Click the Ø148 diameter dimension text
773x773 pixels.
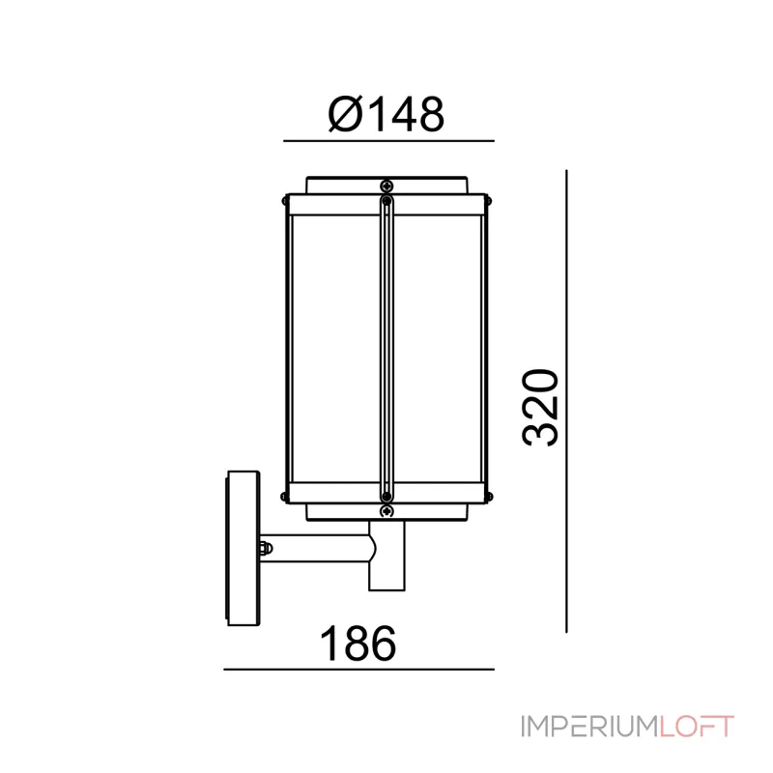[386, 114]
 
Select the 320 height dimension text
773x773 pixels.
[540, 408]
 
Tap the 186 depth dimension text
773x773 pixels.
[358, 644]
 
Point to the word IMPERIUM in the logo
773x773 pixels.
[590, 727]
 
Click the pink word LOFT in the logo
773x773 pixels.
[697, 727]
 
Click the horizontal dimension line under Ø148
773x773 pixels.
[388, 141]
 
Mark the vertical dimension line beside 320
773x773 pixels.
[566, 401]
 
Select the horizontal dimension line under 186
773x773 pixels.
[358, 670]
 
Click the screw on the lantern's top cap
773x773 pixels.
[387, 186]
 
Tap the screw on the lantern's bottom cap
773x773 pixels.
[387, 511]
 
